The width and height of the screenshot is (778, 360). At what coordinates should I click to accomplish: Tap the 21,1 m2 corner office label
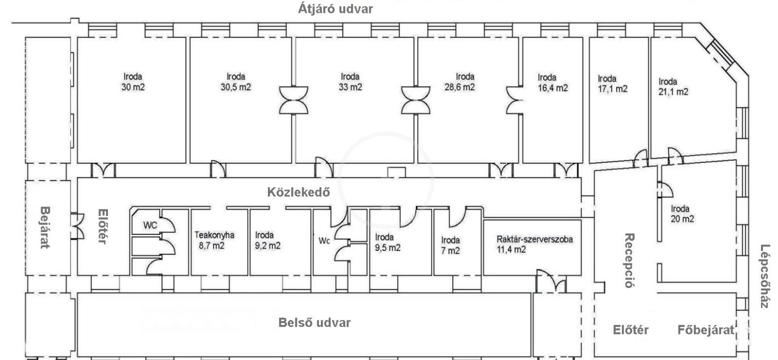point(673,91)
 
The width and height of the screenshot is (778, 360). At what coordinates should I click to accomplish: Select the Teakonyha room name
point(214,234)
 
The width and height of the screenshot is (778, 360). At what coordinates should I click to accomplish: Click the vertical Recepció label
point(629,260)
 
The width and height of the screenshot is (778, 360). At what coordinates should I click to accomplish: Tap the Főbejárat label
point(706,330)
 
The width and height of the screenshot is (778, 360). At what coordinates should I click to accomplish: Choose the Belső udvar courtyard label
point(314,322)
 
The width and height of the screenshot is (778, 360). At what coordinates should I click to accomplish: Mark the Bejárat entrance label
point(45,228)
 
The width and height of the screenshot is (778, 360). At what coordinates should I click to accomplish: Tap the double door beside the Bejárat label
point(76,226)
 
